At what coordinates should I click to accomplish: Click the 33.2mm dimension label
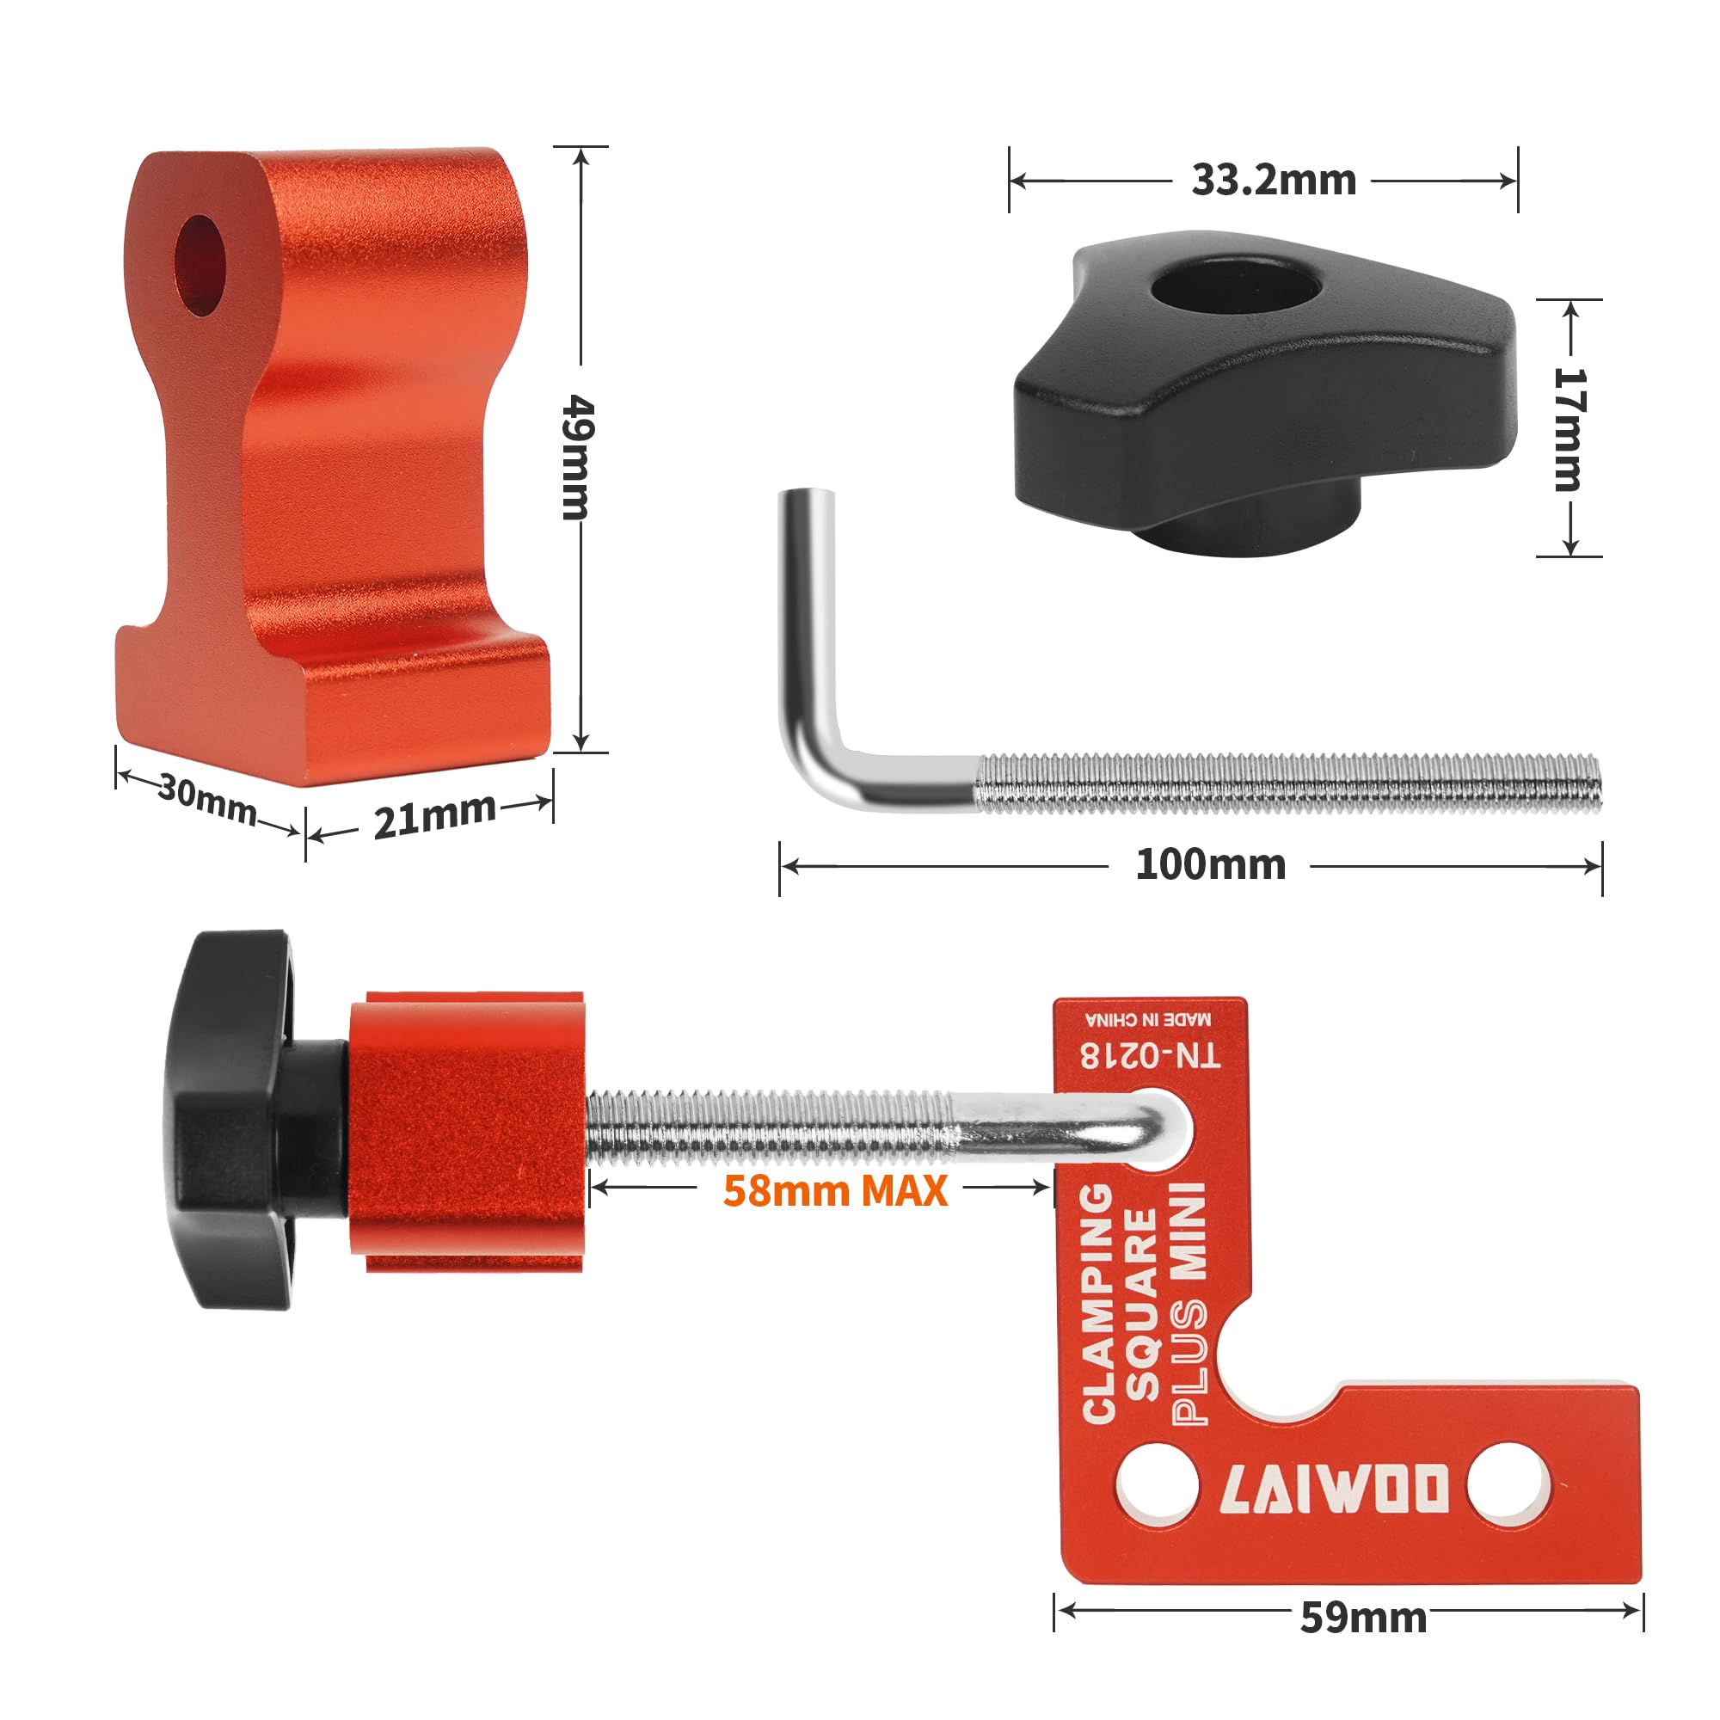click(x=1274, y=181)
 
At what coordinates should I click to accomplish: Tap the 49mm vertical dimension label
click(x=579, y=458)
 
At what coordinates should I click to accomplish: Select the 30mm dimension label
click(x=206, y=798)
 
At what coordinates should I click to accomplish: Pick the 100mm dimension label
click(x=1211, y=864)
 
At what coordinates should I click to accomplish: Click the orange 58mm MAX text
click(x=834, y=1191)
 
